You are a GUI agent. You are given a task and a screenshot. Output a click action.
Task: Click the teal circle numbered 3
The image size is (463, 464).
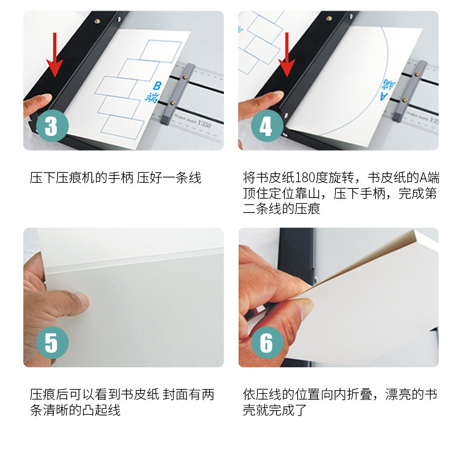(52, 126)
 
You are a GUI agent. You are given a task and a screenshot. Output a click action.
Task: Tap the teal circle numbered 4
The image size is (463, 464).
(267, 126)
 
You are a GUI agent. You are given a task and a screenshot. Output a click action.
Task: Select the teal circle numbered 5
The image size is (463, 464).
(52, 343)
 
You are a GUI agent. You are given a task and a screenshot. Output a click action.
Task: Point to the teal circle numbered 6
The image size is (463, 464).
(267, 343)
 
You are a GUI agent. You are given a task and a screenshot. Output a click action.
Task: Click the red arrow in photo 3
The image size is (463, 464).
(55, 54)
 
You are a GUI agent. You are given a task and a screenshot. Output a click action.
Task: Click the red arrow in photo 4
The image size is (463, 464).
(286, 54)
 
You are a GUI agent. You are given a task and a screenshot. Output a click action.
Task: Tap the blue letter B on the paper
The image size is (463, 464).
(157, 86)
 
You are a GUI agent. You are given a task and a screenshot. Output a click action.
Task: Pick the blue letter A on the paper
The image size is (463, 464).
(384, 96)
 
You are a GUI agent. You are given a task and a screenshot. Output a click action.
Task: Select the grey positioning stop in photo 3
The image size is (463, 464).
(178, 94)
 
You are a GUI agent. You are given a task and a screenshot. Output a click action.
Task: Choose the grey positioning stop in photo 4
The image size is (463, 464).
(410, 91)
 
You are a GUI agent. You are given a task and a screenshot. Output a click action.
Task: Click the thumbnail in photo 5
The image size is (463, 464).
(83, 299)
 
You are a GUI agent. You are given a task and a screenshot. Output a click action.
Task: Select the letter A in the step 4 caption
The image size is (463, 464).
(423, 178)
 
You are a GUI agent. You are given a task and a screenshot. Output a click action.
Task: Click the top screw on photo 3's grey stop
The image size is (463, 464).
(186, 77)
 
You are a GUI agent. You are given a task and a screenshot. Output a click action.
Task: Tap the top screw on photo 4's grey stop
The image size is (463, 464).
(418, 74)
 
